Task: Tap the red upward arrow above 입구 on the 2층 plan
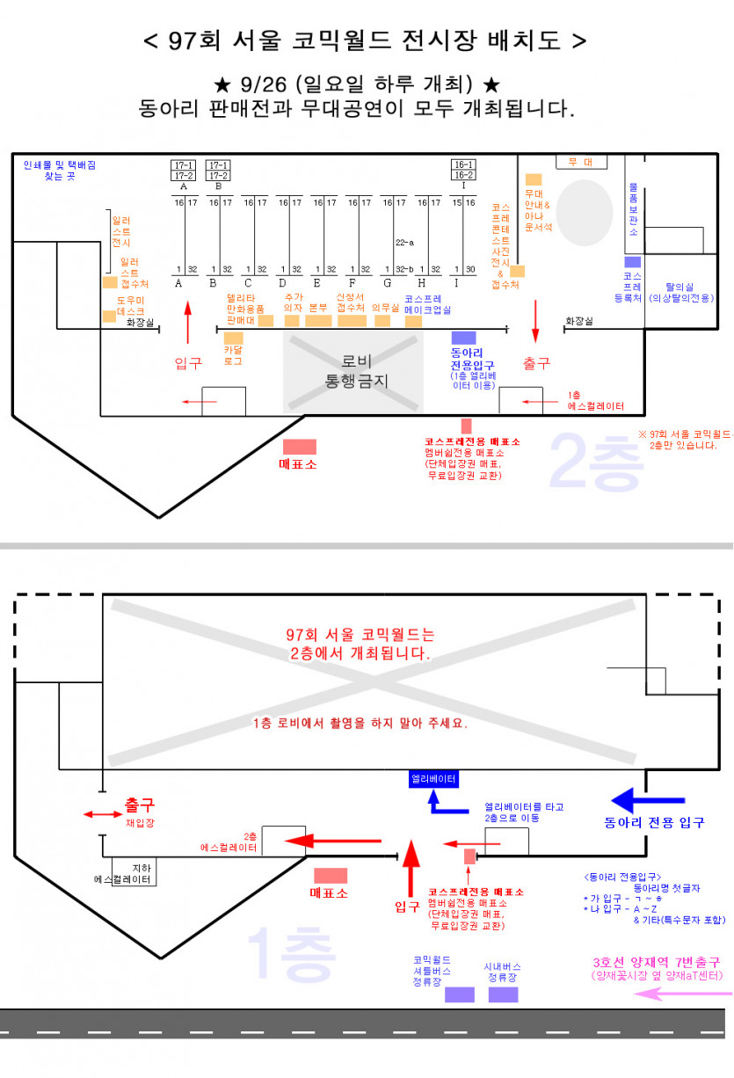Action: point(187,322)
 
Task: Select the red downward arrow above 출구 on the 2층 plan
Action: point(535,322)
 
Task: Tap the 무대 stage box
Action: point(580,162)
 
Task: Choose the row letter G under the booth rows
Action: point(388,283)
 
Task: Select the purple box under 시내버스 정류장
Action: point(503,994)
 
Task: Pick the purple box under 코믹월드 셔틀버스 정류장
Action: point(459,994)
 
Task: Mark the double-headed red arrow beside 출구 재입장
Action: point(98,814)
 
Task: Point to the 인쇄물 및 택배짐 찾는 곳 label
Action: point(60,170)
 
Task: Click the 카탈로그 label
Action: point(233,354)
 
